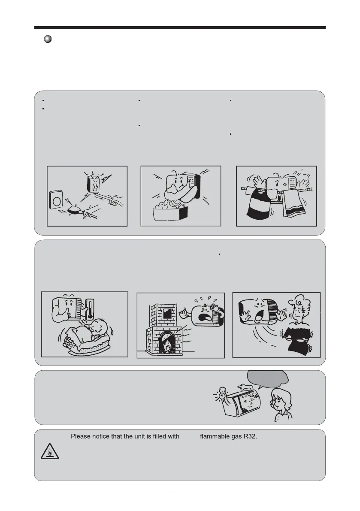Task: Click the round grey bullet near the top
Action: tap(48, 39)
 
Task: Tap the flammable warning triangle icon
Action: tap(50, 451)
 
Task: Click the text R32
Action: tap(250, 436)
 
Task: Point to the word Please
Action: tap(81, 436)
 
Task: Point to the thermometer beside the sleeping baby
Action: tap(89, 308)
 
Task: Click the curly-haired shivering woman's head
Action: tap(300, 308)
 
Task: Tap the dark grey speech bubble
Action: tap(268, 378)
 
